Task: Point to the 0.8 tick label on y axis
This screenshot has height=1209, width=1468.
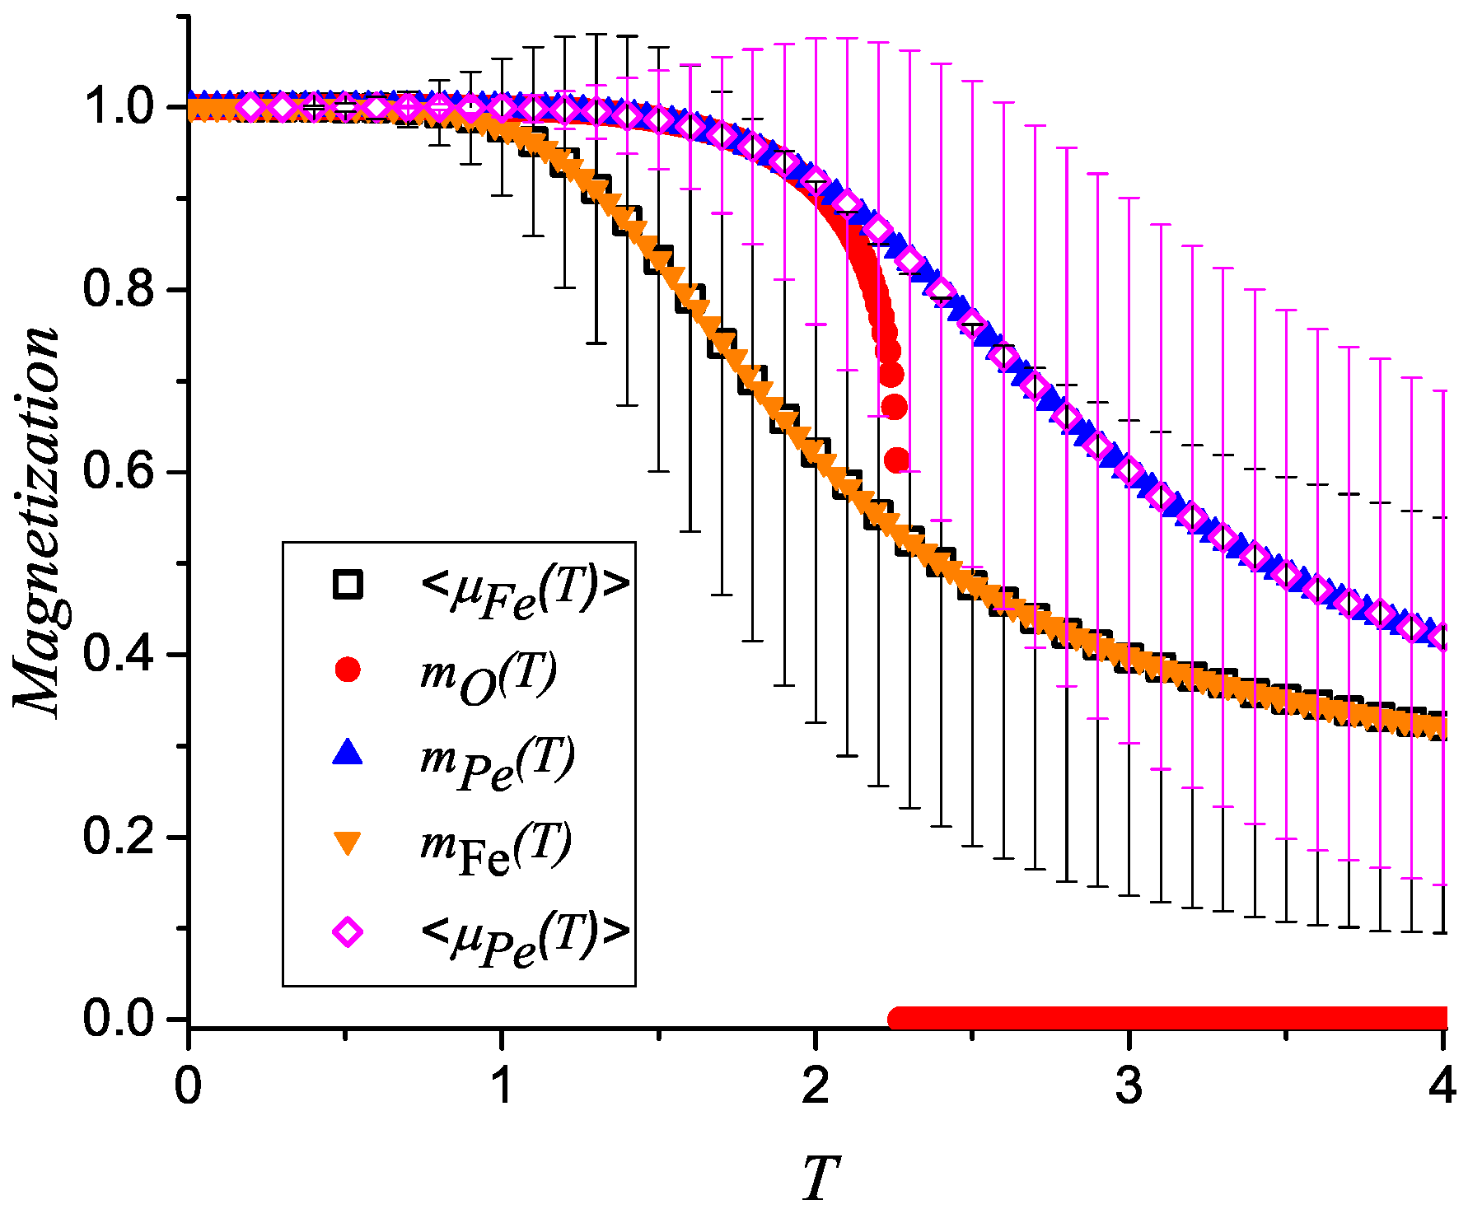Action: (x=119, y=290)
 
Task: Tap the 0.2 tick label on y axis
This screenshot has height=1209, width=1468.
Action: (x=119, y=837)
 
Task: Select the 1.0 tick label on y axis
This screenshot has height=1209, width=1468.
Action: (x=119, y=108)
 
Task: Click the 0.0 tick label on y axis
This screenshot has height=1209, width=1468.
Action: (x=119, y=1019)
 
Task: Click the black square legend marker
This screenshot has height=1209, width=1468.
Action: (x=348, y=584)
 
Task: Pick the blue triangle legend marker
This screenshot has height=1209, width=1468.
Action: (x=348, y=753)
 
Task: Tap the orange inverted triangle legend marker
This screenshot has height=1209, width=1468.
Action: (x=348, y=843)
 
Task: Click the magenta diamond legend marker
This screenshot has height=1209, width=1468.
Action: (x=348, y=932)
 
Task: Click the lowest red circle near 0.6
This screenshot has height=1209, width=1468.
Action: (x=897, y=460)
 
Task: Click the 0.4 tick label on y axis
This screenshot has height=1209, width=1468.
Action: (x=119, y=655)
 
